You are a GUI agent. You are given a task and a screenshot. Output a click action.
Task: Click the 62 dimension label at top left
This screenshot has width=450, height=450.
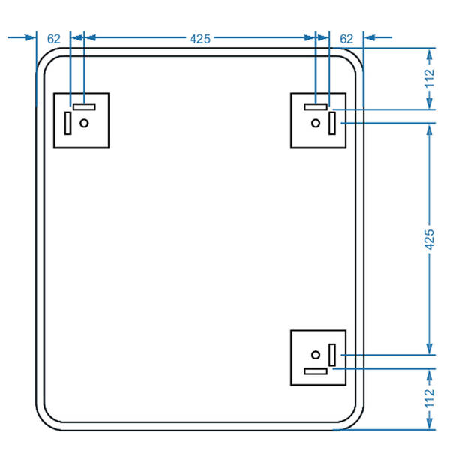pyautogui.click(x=54, y=37)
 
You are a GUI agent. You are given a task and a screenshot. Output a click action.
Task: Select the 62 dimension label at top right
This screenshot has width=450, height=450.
pyautogui.click(x=346, y=37)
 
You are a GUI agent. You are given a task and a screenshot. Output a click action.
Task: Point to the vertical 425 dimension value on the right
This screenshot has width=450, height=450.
pyautogui.click(x=430, y=238)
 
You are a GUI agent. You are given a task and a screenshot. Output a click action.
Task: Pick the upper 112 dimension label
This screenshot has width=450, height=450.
pyautogui.click(x=430, y=78)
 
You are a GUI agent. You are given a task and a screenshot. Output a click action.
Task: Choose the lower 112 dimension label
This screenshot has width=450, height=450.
pyautogui.click(x=430, y=397)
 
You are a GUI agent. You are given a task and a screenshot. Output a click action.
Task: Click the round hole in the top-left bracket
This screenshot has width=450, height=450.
pyautogui.click(x=84, y=122)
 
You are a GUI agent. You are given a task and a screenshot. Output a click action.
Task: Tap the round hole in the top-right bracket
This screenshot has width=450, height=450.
pyautogui.click(x=316, y=122)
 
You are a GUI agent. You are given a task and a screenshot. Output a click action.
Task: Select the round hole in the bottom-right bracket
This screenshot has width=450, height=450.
pyautogui.click(x=316, y=355)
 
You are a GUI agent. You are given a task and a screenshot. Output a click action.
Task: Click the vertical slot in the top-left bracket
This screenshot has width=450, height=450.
pyautogui.click(x=68, y=122)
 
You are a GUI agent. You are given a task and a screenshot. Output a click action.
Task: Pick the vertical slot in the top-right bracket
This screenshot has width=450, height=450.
pyautogui.click(x=331, y=122)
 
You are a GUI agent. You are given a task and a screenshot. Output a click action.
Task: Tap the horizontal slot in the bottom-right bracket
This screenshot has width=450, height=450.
pyautogui.click(x=316, y=370)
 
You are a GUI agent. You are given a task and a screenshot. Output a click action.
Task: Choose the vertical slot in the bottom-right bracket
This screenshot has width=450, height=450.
pyautogui.click(x=331, y=355)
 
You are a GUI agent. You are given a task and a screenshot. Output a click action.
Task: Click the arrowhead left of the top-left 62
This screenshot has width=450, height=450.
pyautogui.click(x=31, y=36)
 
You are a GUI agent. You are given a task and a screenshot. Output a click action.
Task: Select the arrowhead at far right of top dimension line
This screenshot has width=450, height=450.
pyautogui.click(x=370, y=36)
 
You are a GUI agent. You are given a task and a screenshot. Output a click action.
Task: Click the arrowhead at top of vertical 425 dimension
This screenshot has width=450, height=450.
pyautogui.click(x=430, y=127)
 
